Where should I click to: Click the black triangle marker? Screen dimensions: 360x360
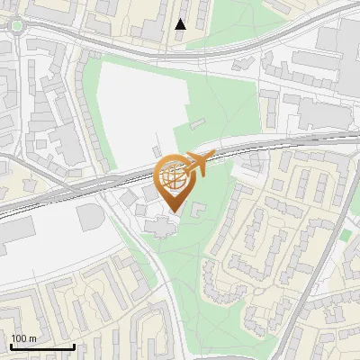click(181, 24)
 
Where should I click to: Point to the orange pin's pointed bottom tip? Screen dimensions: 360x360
click(173, 212)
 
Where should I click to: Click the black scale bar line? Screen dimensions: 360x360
click(41, 346)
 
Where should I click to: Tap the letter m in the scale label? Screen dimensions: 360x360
click(32, 338)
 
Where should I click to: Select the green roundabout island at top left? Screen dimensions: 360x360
click(16, 26)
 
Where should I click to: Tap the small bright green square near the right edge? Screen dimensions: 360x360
click(346, 235)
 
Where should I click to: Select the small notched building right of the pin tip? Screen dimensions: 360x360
click(197, 210)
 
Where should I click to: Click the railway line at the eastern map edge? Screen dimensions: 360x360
click(353, 135)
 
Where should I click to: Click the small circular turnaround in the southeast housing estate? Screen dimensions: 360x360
click(260, 292)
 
